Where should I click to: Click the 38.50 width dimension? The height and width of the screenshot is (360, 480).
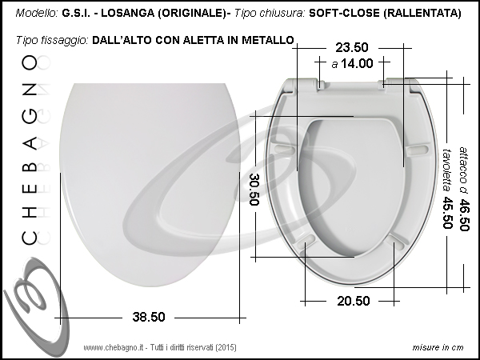[x=149, y=317]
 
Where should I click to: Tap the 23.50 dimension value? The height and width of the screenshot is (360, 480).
[x=352, y=47]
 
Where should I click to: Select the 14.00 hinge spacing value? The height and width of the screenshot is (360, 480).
[x=357, y=64]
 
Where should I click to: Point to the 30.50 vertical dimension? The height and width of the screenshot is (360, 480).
[x=254, y=190]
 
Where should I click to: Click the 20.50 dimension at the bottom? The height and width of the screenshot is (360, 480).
[x=354, y=302]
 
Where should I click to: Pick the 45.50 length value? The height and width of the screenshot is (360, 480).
[x=447, y=213]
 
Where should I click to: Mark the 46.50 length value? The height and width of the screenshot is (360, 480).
[x=464, y=215]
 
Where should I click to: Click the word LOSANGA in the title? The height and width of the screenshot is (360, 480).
[x=128, y=13]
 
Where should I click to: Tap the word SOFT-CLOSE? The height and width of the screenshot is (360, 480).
[x=344, y=13]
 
